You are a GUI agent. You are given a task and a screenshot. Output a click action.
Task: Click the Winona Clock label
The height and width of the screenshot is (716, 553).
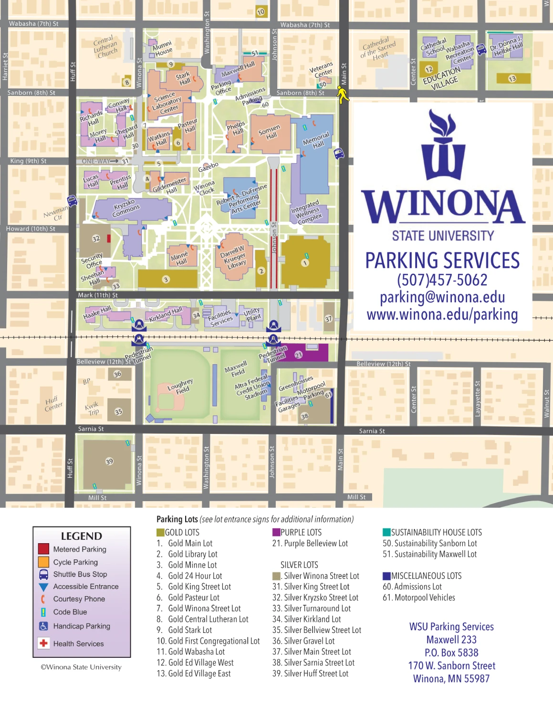(205, 188)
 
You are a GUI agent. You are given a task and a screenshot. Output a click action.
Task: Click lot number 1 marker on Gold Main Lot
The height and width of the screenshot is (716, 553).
(305, 263)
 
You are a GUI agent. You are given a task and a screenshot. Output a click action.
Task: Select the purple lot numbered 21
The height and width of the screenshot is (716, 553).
(299, 355)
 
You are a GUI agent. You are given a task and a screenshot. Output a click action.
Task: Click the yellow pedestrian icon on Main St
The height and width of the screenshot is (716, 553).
(342, 94)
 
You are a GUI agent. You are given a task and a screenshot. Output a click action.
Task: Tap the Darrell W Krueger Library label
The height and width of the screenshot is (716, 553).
(234, 257)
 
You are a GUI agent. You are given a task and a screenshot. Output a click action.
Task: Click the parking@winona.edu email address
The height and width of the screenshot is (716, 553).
(442, 297)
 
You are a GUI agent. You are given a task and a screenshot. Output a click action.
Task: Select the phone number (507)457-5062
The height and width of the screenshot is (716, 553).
(442, 280)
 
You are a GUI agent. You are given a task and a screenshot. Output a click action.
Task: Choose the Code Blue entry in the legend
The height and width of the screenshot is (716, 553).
(70, 612)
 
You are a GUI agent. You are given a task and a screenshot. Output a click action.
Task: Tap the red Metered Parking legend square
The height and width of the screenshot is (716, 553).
(43, 549)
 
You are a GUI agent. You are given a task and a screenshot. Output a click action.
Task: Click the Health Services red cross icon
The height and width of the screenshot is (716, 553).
(43, 643)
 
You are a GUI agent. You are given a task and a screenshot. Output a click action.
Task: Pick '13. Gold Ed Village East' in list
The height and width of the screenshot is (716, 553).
(194, 674)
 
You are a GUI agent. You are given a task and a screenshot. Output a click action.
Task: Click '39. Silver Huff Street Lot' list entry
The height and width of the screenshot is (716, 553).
(311, 674)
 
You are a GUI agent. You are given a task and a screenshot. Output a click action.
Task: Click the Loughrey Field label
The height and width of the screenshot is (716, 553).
(180, 386)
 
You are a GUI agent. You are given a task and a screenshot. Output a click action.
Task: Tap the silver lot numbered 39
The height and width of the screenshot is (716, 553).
(109, 461)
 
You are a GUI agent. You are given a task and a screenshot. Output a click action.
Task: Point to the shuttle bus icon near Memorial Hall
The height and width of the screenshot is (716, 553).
(339, 154)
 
